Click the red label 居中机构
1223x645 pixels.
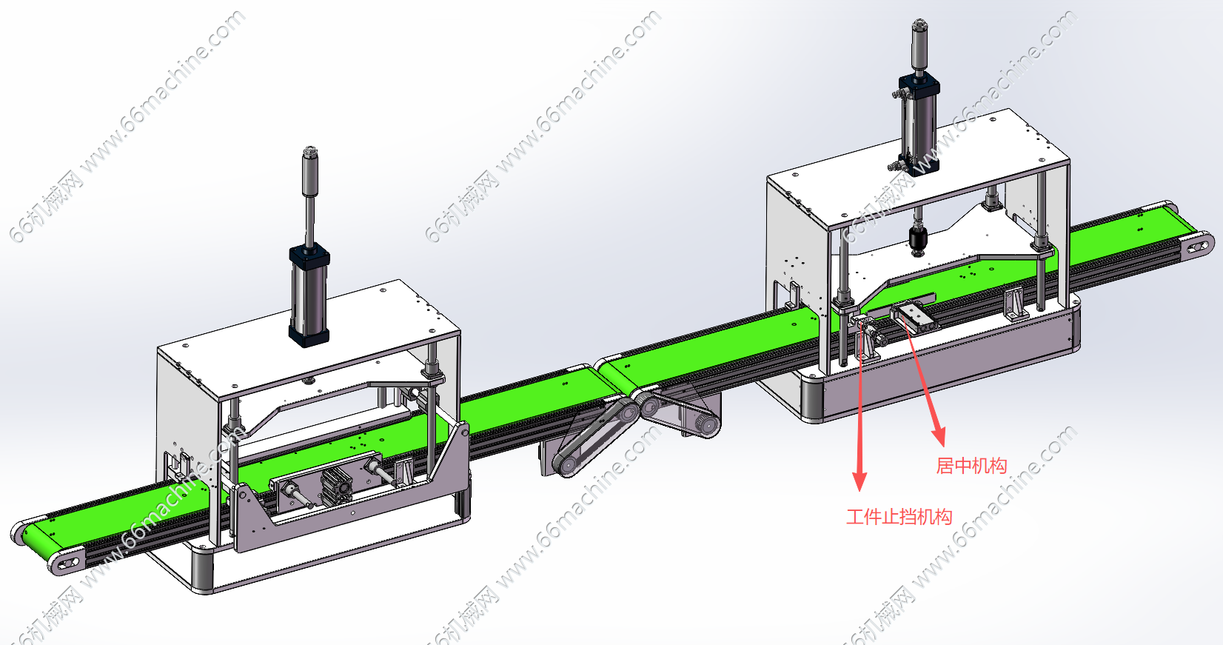coord(971,466)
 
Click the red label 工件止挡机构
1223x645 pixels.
coord(899,517)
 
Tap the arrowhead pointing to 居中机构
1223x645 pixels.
coord(939,436)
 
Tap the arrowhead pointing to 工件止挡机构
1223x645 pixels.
coord(860,481)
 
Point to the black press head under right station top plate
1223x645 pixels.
coord(917,241)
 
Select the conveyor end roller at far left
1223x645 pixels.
coord(66,562)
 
